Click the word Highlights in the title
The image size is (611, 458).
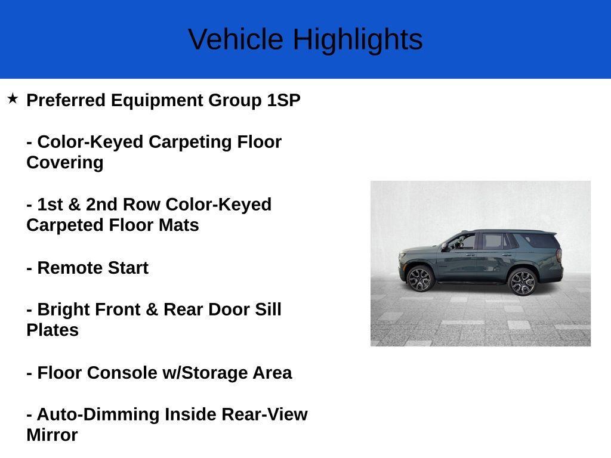coord(357,39)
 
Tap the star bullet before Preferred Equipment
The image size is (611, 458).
coord(13,98)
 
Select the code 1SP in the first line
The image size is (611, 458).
coord(283,100)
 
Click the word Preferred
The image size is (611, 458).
coord(66,100)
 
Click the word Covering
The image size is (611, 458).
coord(64,163)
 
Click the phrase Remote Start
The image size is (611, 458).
coord(92,268)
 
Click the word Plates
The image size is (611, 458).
coord(53,330)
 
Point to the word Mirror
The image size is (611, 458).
coord(52,435)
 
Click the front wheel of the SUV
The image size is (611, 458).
coord(419,279)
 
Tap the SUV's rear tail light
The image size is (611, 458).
coord(559,255)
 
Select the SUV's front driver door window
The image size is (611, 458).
coord(464,242)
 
